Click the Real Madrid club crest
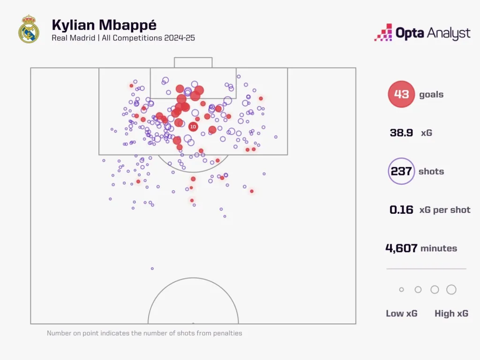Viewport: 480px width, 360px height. [29, 29]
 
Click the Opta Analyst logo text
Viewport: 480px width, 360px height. [433, 33]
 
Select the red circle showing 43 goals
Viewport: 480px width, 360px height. [401, 94]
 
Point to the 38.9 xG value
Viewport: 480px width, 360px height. [401, 133]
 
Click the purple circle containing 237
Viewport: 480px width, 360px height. [401, 171]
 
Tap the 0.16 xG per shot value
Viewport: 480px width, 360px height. [401, 210]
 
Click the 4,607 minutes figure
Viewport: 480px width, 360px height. [401, 248]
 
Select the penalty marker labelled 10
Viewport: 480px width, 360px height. [193, 127]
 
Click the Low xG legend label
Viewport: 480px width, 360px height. [402, 314]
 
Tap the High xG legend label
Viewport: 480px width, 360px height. [451, 314]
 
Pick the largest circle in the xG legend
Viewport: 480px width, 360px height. [451, 290]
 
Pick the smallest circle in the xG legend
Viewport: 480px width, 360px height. [401, 290]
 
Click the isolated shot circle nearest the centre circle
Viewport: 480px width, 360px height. [152, 269]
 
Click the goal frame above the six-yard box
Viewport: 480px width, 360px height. [193, 62]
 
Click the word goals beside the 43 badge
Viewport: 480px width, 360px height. [431, 94]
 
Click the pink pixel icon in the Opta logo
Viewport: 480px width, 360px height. [383, 33]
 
